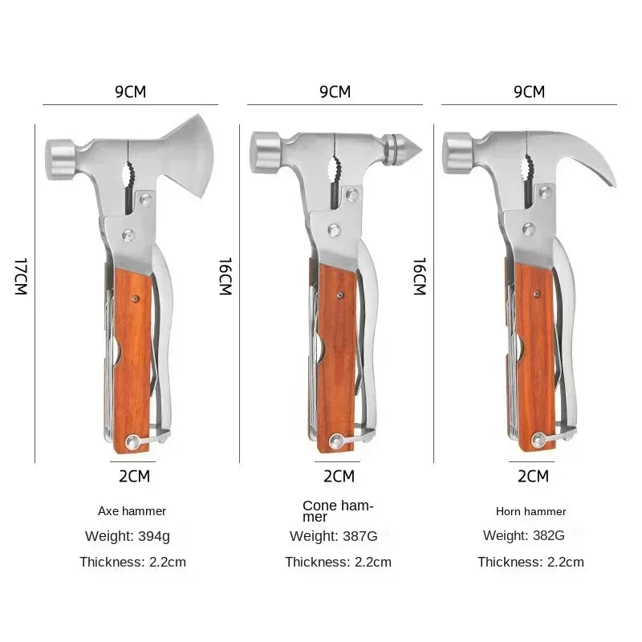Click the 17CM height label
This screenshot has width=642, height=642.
coord(22,277)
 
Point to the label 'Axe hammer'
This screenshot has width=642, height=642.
coord(132,510)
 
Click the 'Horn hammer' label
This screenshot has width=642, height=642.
coord(531,511)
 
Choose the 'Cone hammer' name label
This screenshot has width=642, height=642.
coord(338,510)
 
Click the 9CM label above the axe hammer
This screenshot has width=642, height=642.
coord(130,91)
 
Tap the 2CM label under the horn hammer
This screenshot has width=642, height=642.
coord(533,477)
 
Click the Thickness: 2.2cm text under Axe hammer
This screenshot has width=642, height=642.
coord(132,562)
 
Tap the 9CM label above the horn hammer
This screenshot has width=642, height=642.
coord(529,91)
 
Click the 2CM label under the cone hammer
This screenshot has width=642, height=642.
coord(339,477)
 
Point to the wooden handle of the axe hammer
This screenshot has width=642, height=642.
coord(132,353)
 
